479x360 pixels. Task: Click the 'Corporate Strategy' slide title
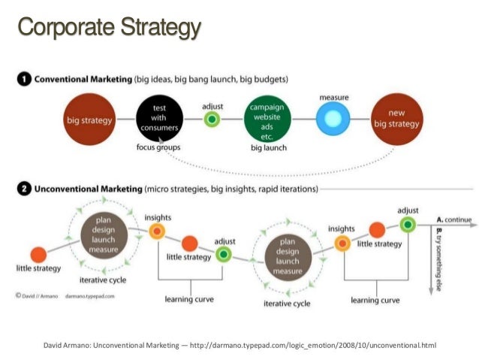[109, 29]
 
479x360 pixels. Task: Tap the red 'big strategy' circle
[89, 119]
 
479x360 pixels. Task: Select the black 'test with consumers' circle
[159, 119]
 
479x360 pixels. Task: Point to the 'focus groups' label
[158, 147]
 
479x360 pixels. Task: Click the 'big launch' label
[268, 148]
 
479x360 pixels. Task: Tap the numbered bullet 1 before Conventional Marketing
[23, 78]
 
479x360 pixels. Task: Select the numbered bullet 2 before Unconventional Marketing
[23, 188]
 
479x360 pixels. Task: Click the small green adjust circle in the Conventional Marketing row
[212, 119]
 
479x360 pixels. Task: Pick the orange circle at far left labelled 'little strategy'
[38, 255]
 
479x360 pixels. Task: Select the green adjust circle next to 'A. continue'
[408, 224]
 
